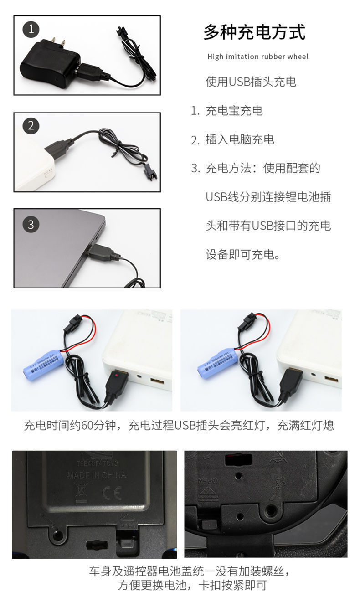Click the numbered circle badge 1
(x=31, y=30)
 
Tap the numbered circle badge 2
(x=31, y=125)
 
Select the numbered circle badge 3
(x=31, y=224)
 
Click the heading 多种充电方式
(x=254, y=32)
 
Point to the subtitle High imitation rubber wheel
(x=257, y=57)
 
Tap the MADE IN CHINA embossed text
(x=97, y=475)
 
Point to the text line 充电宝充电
(x=234, y=111)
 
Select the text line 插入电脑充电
(x=240, y=139)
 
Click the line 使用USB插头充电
(x=251, y=82)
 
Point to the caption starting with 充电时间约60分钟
(x=179, y=426)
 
